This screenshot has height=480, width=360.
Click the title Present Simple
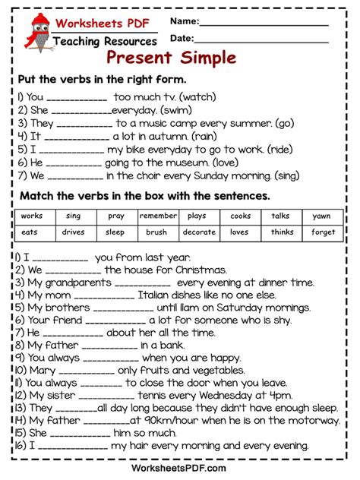click(x=172, y=58)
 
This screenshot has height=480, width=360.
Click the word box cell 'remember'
click(x=158, y=216)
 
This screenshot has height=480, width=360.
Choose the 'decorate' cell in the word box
click(x=199, y=232)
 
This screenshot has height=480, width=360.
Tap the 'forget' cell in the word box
click(x=323, y=232)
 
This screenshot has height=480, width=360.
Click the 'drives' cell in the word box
click(x=74, y=232)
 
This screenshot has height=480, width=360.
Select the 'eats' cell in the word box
click(x=30, y=232)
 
